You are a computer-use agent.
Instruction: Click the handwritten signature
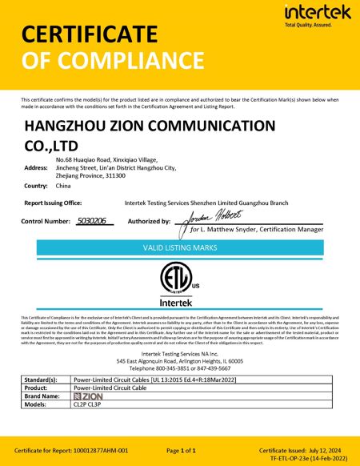(215, 219)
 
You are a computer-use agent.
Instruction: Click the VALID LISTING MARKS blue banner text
(180, 249)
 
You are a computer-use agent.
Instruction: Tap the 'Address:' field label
(37, 167)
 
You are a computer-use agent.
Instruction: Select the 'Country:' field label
(37, 185)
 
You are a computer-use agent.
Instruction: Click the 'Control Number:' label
(46, 220)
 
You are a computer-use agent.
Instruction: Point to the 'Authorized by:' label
(149, 220)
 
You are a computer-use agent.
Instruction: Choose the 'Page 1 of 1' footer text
(181, 451)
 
